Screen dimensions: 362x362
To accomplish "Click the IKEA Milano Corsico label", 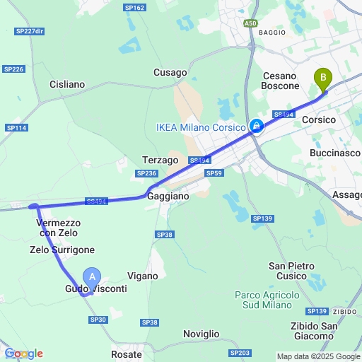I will click(x=201, y=127).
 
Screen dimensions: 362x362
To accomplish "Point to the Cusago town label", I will click(x=170, y=72).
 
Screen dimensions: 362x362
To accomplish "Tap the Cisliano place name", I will click(x=67, y=84).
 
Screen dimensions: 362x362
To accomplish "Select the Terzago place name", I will click(x=160, y=160).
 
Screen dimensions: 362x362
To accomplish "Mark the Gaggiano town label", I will click(x=168, y=196).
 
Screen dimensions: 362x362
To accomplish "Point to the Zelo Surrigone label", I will click(x=62, y=250).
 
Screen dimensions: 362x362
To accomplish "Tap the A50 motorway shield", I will click(x=251, y=23).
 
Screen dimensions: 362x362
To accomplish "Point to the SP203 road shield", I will click(x=240, y=352).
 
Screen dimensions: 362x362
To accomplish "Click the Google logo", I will click(x=23, y=354).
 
